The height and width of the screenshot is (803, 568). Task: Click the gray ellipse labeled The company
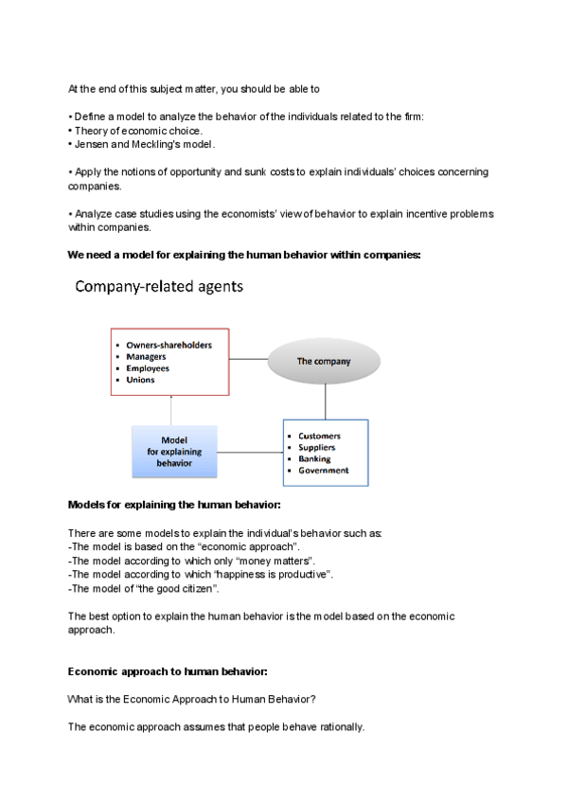[324, 361]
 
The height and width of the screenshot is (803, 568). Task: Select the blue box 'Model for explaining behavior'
[175, 452]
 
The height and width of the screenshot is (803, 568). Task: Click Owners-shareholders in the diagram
[169, 346]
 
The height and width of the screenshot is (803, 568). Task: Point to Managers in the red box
[147, 357]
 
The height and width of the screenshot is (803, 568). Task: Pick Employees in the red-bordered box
[148, 368]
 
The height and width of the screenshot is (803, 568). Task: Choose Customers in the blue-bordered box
[320, 437]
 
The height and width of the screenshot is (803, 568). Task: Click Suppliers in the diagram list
[318, 448]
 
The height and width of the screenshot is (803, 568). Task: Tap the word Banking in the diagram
[315, 459]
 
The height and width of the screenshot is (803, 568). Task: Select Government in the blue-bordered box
[324, 471]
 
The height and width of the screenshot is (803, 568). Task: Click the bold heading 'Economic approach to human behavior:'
[168, 671]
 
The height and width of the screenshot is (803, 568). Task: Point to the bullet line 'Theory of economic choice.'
[138, 130]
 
